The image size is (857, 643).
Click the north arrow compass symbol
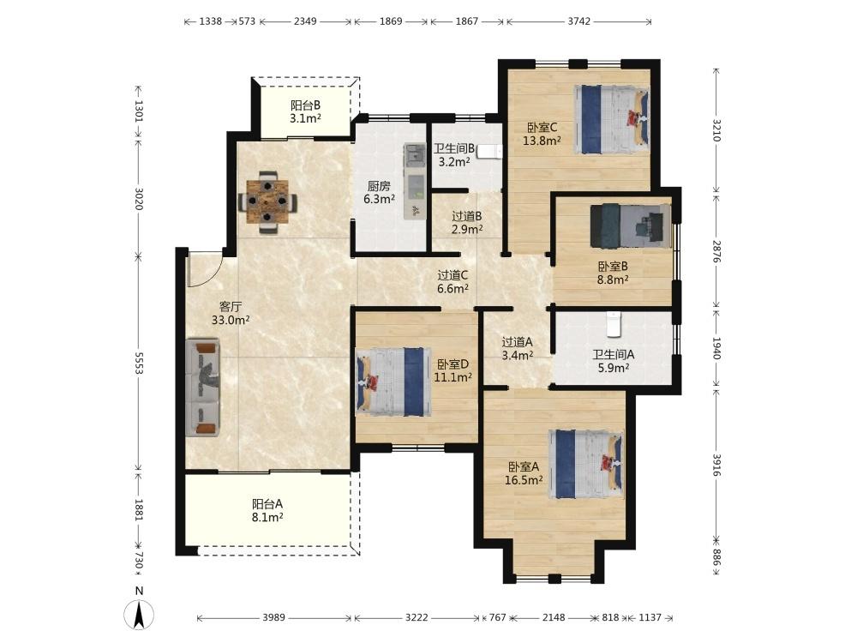coord(140,615)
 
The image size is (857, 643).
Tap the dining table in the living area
coord(267,202)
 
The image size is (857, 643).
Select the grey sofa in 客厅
coord(203,388)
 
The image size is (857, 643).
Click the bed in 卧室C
coord(611,119)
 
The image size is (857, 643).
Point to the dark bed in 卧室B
coord(631,225)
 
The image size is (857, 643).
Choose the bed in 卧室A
coord(586,464)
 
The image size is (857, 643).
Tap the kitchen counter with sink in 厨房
coord(415,182)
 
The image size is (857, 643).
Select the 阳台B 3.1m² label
coord(306,111)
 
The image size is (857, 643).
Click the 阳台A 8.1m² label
coord(267,510)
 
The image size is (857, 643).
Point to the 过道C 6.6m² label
coord(452,281)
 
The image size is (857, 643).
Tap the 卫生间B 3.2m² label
coord(454,155)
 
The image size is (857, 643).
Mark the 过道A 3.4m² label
coord(518,348)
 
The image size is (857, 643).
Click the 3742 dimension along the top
coord(578,21)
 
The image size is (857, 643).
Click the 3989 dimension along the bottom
coord(274,617)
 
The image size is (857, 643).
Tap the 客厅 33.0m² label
coord(231,313)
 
